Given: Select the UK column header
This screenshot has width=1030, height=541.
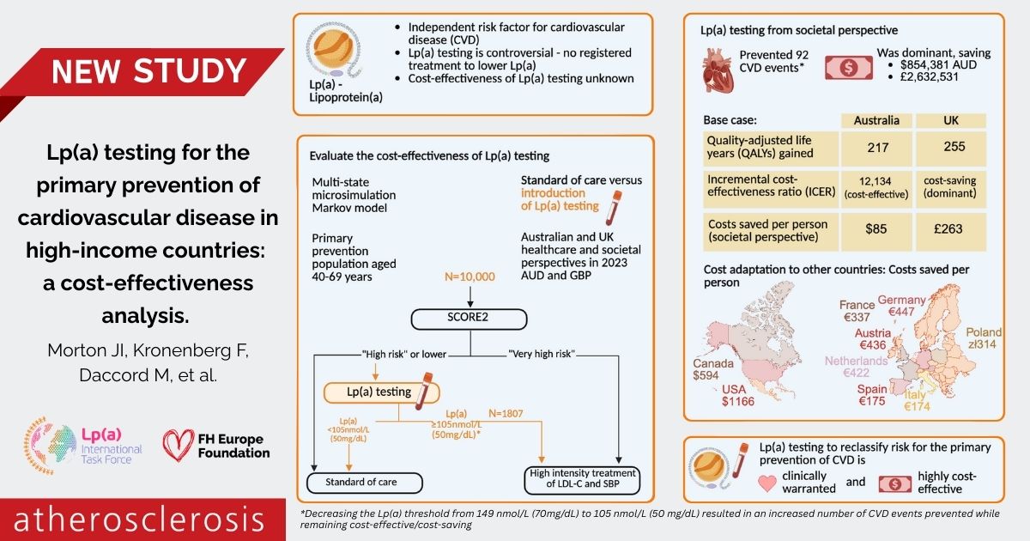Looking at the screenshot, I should click(950, 120).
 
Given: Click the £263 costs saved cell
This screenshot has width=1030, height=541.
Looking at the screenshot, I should click(950, 229).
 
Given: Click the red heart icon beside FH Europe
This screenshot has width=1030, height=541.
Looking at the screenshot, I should click(179, 445).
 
